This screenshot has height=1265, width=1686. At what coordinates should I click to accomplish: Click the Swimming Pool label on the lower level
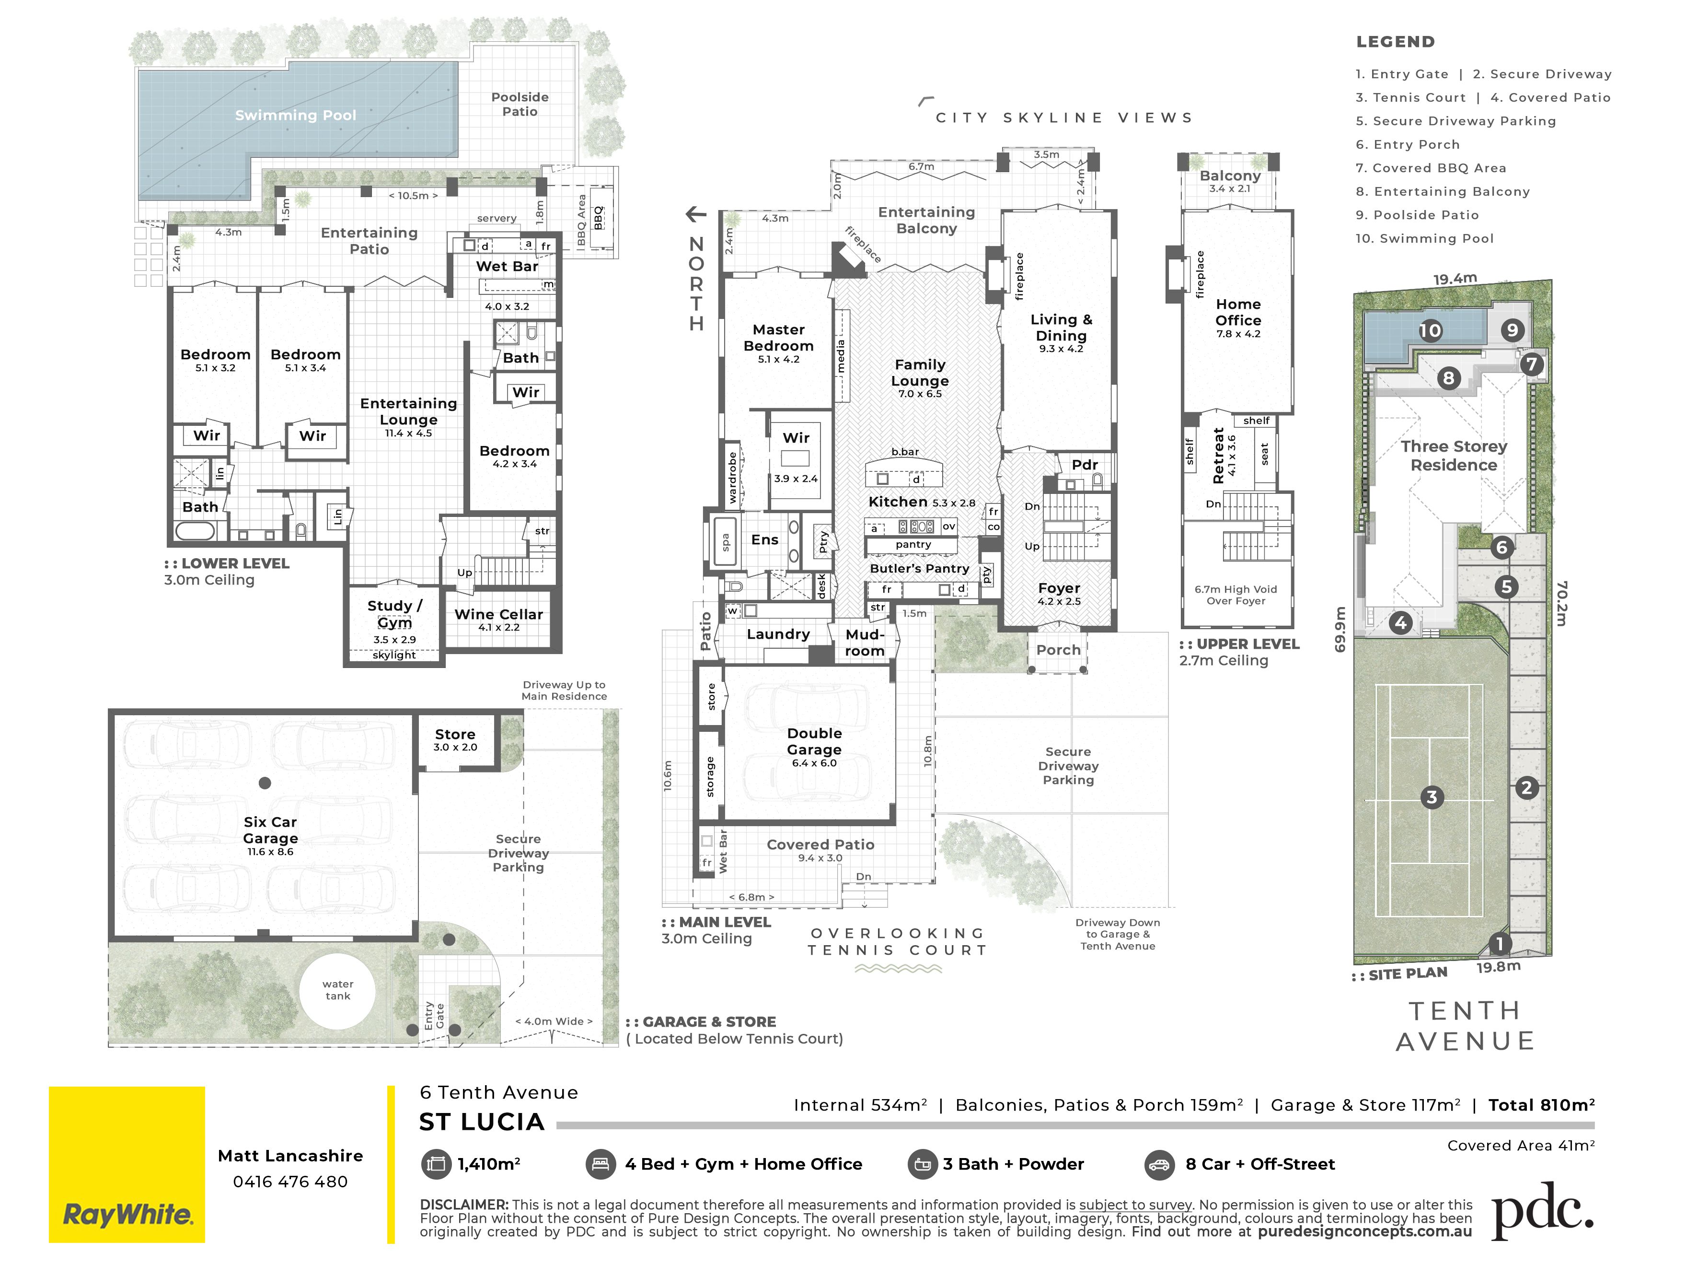click(296, 115)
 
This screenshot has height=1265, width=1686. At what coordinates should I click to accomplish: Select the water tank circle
click(338, 990)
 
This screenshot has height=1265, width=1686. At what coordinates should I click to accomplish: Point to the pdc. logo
click(1542, 1211)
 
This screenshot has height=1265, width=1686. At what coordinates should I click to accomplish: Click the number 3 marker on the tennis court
click(1432, 797)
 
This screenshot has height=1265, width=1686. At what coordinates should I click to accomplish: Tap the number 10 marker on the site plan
click(1430, 331)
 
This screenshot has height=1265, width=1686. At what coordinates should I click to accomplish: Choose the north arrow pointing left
click(696, 214)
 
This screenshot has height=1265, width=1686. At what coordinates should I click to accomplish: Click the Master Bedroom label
click(778, 338)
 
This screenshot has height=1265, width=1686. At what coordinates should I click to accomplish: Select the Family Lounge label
click(920, 373)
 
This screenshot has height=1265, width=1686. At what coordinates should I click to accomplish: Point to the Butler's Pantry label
click(919, 569)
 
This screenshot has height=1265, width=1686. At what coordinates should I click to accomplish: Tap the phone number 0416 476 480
click(290, 1182)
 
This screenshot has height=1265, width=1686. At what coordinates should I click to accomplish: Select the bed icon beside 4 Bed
click(600, 1164)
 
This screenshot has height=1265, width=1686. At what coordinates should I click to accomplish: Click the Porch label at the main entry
click(1058, 650)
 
